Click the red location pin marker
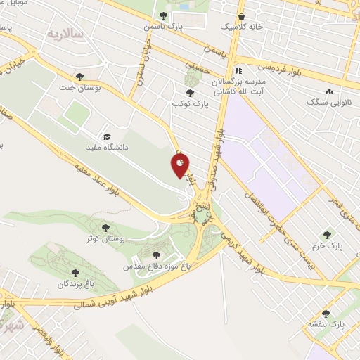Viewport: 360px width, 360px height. pos(180,167)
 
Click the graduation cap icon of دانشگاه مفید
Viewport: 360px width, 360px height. pos(107,137)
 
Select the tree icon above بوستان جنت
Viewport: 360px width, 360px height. pos(79,77)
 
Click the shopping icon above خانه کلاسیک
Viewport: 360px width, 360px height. pos(241,16)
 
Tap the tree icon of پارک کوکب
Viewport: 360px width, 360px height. pos(189,92)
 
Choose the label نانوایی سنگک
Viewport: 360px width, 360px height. pos(328,102)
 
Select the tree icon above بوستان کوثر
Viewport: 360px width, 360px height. pos(105,228)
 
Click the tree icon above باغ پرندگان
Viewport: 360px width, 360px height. pos(75,273)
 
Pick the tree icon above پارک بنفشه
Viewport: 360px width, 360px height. pos(326,314)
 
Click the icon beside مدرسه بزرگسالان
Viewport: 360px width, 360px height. pos(238,70)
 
